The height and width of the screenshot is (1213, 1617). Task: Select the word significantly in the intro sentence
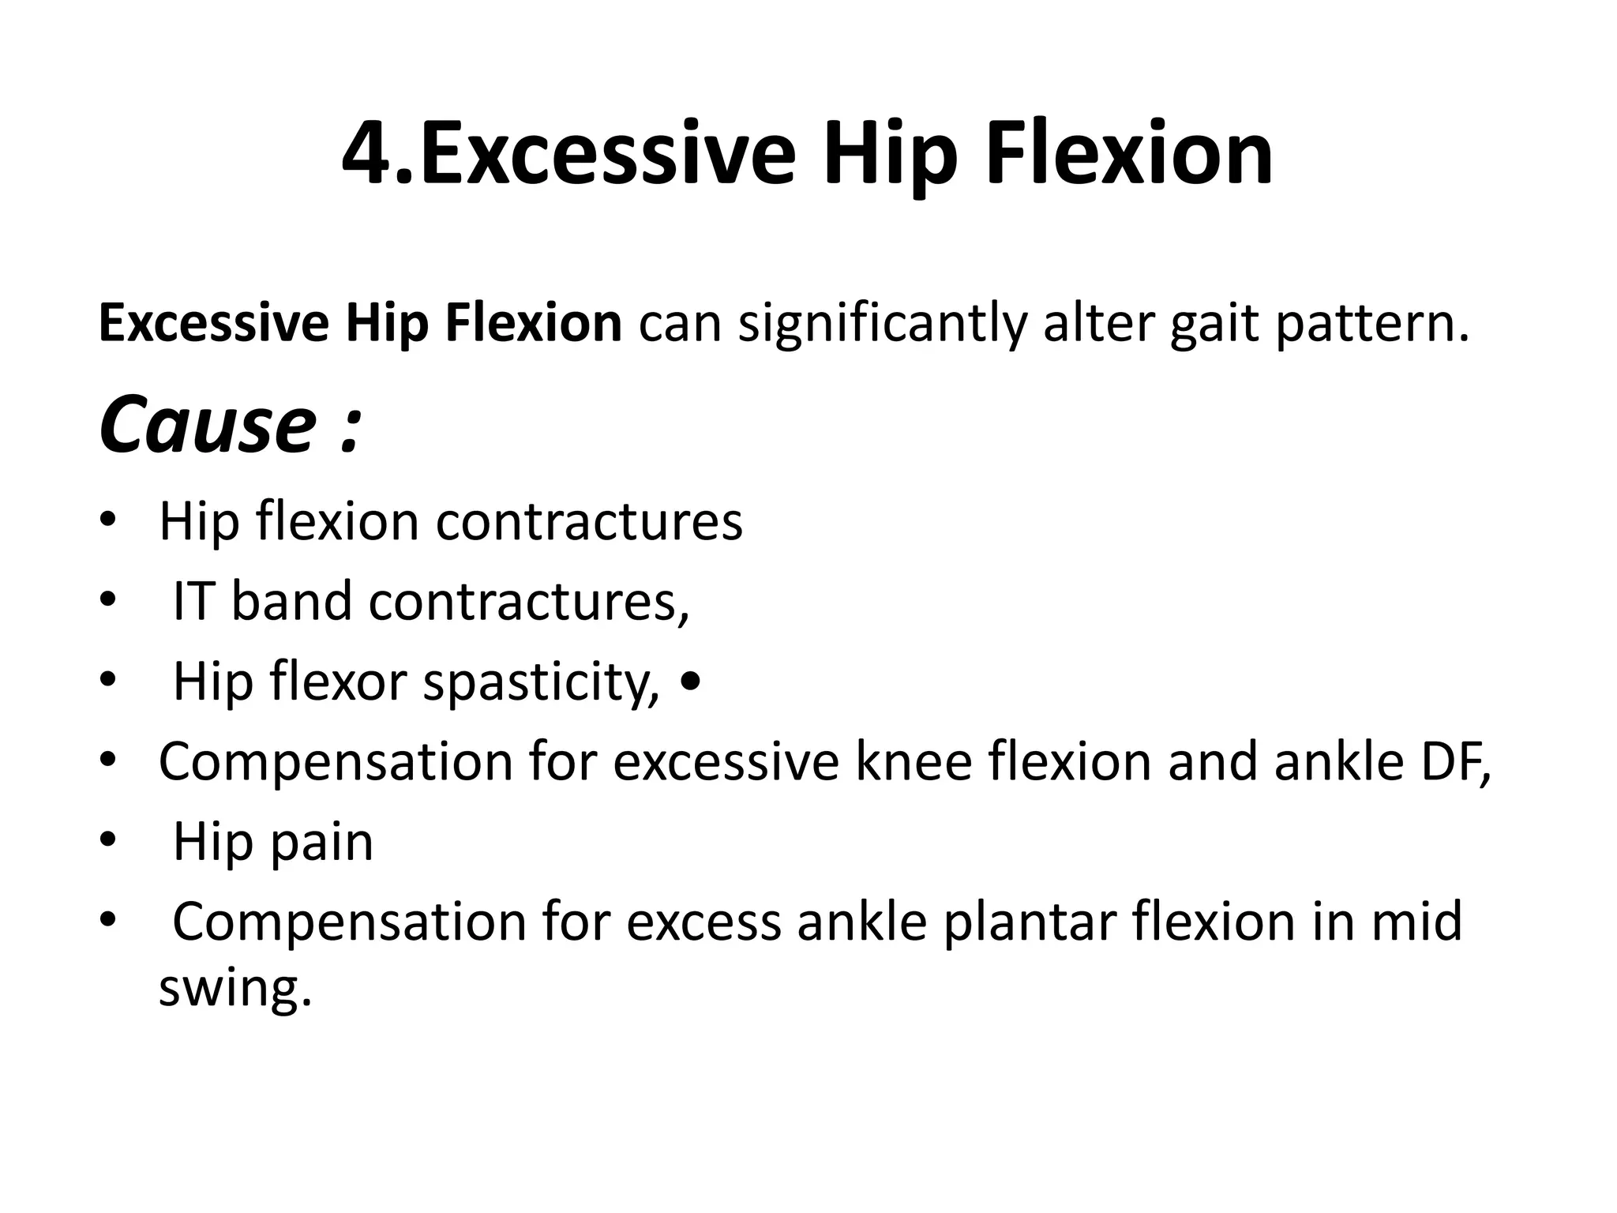[882, 324]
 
